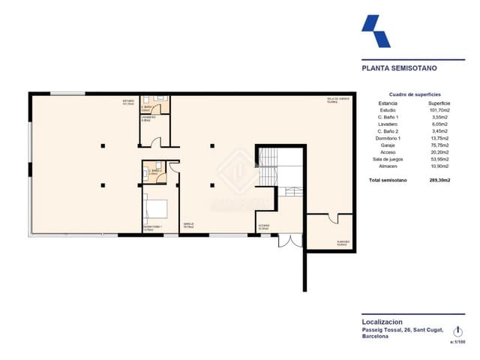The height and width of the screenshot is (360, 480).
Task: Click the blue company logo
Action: (376, 32)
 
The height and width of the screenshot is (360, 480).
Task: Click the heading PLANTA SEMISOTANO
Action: (399, 67)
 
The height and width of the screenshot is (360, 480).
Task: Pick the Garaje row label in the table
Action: (388, 145)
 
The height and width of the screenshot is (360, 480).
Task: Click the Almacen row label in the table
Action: (388, 166)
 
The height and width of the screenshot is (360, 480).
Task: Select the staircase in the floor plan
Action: (267, 169)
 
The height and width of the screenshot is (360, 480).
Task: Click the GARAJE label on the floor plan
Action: (188, 223)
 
